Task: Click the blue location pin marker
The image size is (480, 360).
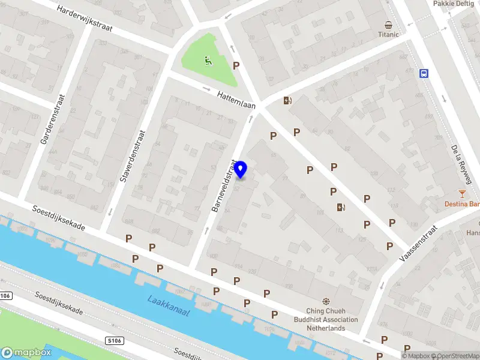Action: pyautogui.click(x=241, y=170)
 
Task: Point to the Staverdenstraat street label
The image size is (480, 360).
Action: pyautogui.click(x=133, y=157)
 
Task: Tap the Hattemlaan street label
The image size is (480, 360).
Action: pyautogui.click(x=236, y=100)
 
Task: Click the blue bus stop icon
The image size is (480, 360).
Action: pyautogui.click(x=424, y=73)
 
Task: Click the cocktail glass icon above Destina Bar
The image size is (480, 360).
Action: pyautogui.click(x=461, y=193)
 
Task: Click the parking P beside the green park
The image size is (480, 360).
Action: pyautogui.click(x=236, y=66)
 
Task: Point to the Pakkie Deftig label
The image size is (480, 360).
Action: pyautogui.click(x=454, y=4)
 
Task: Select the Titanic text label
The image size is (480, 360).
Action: pyautogui.click(x=388, y=35)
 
